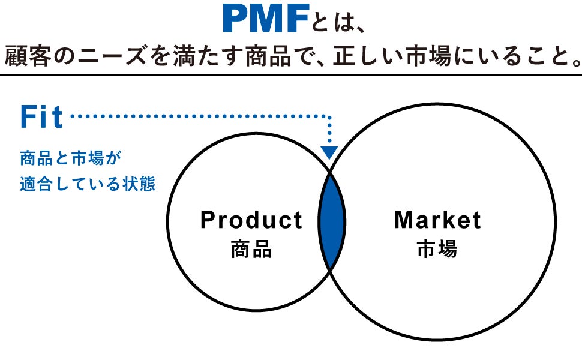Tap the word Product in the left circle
(251, 220)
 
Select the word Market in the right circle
(437, 220)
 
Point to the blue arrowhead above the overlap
(329, 152)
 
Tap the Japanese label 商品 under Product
(251, 249)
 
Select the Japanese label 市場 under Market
(437, 249)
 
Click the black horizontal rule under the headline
(291, 75)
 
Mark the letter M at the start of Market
(403, 220)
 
